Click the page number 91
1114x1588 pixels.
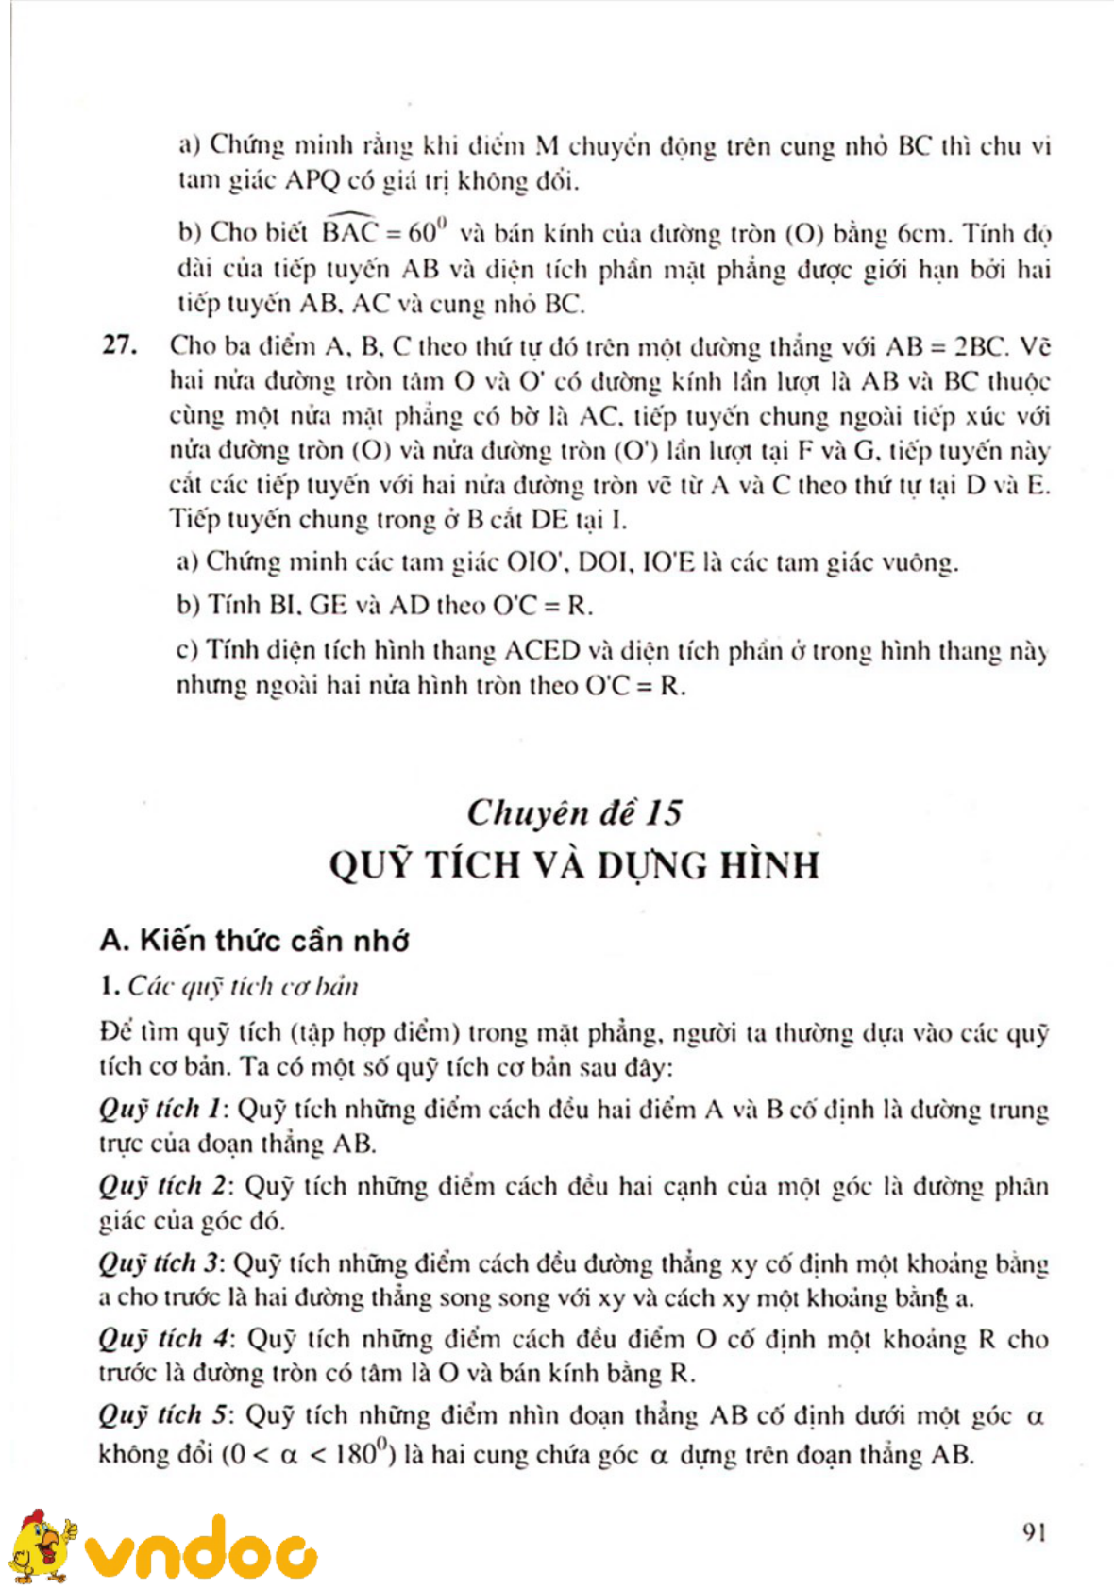pos(1034,1531)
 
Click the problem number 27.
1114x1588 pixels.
pos(119,345)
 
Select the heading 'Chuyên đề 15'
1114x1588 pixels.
pos(574,812)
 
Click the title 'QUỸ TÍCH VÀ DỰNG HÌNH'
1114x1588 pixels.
pos(574,865)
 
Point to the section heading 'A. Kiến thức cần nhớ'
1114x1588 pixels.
pos(254,941)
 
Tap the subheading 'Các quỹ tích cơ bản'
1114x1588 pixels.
pos(243,987)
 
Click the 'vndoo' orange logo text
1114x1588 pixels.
pos(201,1548)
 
